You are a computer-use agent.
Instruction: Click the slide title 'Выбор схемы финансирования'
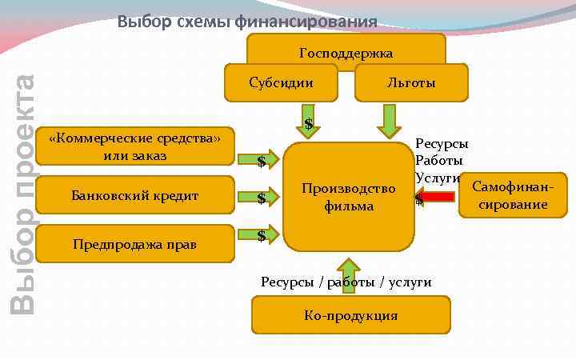click(247, 22)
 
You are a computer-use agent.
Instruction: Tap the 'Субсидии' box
click(281, 82)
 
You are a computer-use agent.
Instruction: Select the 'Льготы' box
click(411, 82)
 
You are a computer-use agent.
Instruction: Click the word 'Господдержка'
click(346, 54)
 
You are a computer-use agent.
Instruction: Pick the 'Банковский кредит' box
click(134, 195)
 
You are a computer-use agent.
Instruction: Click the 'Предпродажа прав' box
click(134, 243)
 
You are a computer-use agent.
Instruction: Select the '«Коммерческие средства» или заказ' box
click(134, 147)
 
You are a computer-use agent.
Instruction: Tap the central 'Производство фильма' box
click(349, 197)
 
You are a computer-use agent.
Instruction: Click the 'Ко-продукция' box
click(350, 315)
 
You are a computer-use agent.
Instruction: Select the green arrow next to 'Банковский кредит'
click(267, 195)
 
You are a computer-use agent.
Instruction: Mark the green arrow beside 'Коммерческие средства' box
click(267, 158)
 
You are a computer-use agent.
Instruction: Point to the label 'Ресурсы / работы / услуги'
click(346, 282)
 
